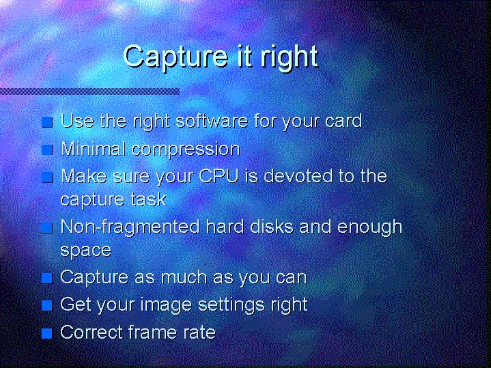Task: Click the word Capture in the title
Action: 176,57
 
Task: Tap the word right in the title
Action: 289,57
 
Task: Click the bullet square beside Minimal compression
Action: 47,150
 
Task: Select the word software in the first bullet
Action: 212,121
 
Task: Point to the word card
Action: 343,121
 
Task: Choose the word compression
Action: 186,149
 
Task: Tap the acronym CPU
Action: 219,176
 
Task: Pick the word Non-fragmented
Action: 130,227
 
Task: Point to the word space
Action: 86,251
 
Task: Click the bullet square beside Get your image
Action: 47,305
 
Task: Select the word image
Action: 166,305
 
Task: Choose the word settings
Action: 232,305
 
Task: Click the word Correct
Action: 91,332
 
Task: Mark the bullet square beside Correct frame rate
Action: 47,333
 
